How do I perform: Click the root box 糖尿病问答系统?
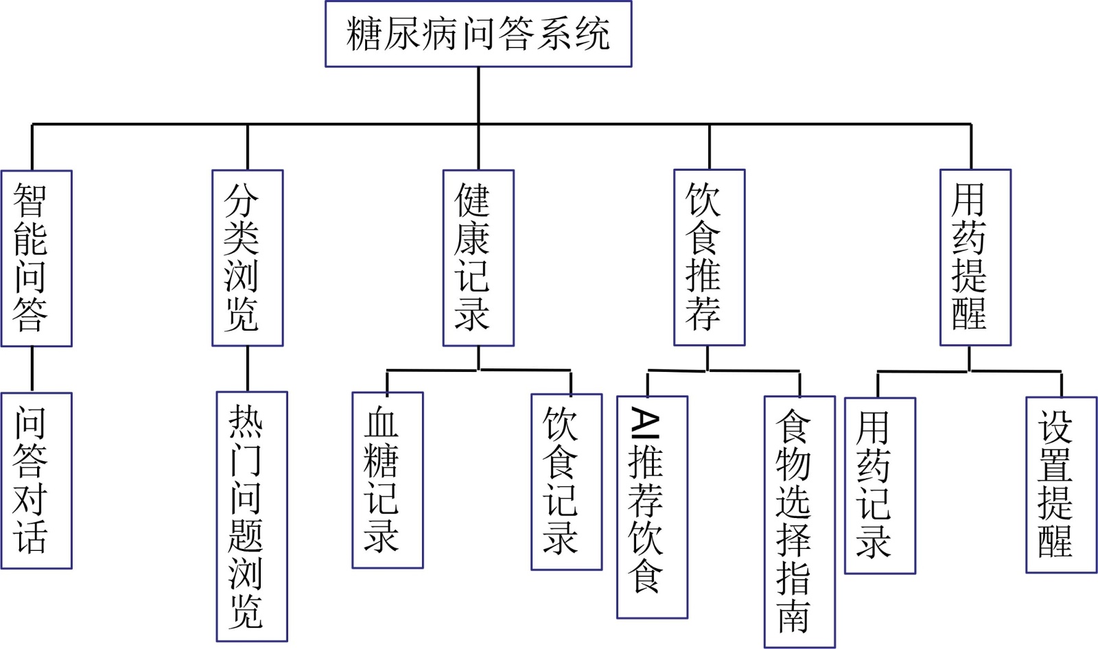click(x=478, y=34)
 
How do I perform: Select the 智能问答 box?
click(x=36, y=258)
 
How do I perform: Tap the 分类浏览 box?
click(x=247, y=258)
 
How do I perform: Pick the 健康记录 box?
click(x=478, y=258)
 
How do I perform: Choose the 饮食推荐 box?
click(x=709, y=258)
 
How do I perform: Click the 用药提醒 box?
click(x=975, y=258)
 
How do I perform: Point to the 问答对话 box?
click(x=36, y=480)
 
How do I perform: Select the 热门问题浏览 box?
click(x=252, y=517)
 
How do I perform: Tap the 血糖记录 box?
click(x=387, y=480)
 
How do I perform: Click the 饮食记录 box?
click(x=566, y=482)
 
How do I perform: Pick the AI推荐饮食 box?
click(x=652, y=507)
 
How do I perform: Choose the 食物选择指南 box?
click(x=799, y=521)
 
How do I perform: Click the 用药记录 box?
click(x=880, y=486)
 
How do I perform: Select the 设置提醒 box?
click(x=1061, y=484)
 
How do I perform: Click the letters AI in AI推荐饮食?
click(x=645, y=423)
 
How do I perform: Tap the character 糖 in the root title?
click(x=364, y=34)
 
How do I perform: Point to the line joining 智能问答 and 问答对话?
click(x=32, y=369)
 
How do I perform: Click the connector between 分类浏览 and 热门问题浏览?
click(x=248, y=368)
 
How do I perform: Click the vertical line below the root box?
click(x=478, y=95)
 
